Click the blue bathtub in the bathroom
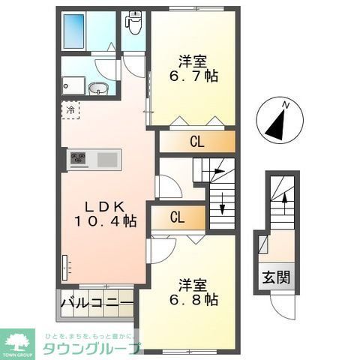pyautogui.click(x=77, y=32)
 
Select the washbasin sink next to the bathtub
pyautogui.click(x=98, y=90)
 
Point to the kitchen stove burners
pyautogui.click(x=79, y=158)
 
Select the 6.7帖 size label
pyautogui.click(x=194, y=76)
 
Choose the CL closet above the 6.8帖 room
pyautogui.click(x=178, y=217)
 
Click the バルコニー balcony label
pyautogui.click(x=96, y=306)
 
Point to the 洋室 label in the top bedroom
pyautogui.click(x=193, y=59)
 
